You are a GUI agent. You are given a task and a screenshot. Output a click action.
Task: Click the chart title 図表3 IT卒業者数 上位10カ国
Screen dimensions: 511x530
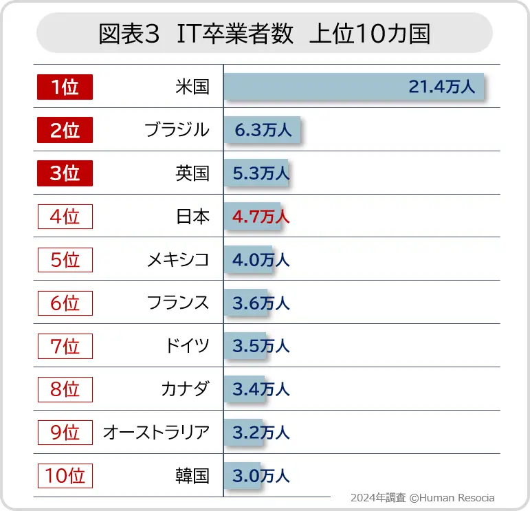(x=265, y=33)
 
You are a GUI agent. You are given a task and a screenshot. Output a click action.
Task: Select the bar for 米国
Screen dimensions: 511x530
(x=353, y=87)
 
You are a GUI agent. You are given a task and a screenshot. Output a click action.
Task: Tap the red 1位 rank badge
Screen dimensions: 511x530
(x=65, y=87)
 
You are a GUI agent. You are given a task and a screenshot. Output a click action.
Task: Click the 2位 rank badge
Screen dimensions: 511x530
(x=65, y=130)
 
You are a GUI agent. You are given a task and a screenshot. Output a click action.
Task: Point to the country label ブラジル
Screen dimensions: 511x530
(x=177, y=130)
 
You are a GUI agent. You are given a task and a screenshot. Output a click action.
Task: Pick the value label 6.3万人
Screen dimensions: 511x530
(x=263, y=130)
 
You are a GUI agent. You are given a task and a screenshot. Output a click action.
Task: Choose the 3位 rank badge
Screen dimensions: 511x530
(x=65, y=173)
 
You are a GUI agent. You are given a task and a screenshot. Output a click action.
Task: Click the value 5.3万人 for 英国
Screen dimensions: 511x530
(x=261, y=173)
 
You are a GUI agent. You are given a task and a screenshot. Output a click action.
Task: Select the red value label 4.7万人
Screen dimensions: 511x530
(x=261, y=217)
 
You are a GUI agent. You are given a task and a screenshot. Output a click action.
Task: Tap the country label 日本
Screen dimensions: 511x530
(x=192, y=217)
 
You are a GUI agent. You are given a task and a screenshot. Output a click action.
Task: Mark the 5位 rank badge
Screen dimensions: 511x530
(x=65, y=260)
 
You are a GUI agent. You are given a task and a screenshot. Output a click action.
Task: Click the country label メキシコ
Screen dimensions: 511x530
(x=177, y=260)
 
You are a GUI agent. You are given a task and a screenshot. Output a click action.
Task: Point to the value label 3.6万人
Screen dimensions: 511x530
(x=261, y=303)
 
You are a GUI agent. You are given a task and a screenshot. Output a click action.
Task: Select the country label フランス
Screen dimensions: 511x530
(x=177, y=303)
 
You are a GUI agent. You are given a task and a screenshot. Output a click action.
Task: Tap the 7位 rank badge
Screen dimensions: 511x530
(x=65, y=346)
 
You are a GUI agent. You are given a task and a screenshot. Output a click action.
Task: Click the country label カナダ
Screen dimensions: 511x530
(x=185, y=389)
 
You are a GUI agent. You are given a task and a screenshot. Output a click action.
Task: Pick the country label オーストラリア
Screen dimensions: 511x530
(x=156, y=433)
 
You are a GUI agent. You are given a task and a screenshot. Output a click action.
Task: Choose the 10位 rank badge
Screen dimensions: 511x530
(x=65, y=475)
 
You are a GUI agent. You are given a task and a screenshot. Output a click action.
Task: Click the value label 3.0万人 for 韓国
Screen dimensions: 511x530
(x=261, y=475)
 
